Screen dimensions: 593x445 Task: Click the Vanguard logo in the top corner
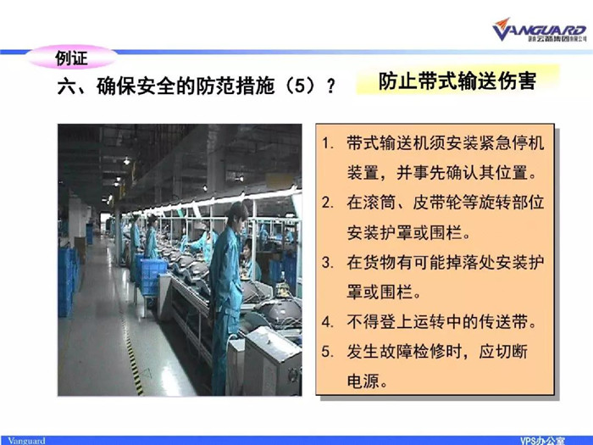[540, 30]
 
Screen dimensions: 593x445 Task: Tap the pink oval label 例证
[71, 57]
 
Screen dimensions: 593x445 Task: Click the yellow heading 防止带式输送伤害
[457, 81]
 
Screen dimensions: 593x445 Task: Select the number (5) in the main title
[300, 86]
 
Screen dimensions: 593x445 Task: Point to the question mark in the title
[331, 86]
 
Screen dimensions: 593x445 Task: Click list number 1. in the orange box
[328, 143]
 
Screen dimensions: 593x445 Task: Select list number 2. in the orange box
[328, 203]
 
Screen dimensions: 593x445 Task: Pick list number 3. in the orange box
[328, 263]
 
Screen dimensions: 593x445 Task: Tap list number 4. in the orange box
[328, 322]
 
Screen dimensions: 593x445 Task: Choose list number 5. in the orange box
[328, 352]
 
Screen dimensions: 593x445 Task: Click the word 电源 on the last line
[363, 381]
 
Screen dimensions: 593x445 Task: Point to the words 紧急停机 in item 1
[512, 143]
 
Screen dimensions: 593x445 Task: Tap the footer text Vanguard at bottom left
[26, 441]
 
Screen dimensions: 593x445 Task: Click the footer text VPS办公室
[542, 441]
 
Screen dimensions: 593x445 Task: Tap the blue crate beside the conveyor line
[152, 277]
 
